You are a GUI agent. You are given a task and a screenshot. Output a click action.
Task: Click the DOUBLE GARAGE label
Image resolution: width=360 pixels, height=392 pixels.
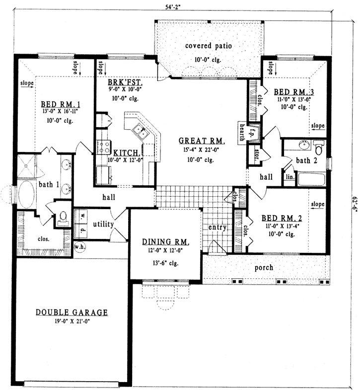pyautogui.click(x=72, y=313)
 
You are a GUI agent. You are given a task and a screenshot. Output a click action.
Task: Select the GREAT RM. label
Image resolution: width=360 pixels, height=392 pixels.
pyautogui.click(x=202, y=141)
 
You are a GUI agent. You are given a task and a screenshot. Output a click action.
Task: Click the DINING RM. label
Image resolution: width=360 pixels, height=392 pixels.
pyautogui.click(x=165, y=242)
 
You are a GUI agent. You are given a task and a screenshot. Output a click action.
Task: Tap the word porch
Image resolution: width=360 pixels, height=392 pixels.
pyautogui.click(x=264, y=267)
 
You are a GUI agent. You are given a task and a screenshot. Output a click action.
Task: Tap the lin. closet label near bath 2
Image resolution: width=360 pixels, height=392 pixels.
pyautogui.click(x=289, y=177)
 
